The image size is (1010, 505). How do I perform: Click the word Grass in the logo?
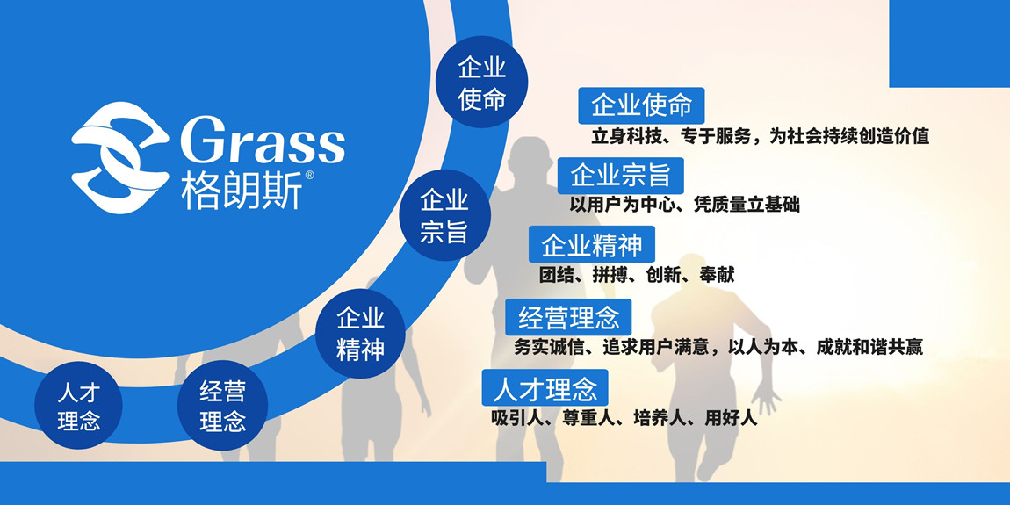(263, 140)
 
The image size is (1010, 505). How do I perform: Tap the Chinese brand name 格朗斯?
(241, 191)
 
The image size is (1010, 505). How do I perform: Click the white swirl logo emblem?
(120, 157)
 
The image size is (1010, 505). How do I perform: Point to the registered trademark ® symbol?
(309, 175)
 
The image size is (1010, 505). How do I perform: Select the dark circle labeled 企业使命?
(482, 82)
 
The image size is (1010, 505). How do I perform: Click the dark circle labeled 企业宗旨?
(444, 215)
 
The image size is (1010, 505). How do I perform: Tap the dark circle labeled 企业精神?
(360, 334)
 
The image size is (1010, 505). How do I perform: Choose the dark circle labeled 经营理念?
(223, 405)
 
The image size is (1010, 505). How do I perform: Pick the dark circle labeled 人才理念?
(78, 405)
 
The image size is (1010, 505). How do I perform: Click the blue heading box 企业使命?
(641, 105)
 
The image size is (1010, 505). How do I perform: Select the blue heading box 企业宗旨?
(621, 176)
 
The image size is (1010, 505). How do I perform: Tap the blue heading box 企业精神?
(592, 244)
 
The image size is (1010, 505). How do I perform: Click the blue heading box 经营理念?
(569, 317)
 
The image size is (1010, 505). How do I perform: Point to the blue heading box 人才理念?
(545, 387)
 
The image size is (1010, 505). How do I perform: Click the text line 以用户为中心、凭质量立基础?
(685, 205)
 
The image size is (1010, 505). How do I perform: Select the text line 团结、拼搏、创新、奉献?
(637, 274)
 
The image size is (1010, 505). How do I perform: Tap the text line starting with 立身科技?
(760, 136)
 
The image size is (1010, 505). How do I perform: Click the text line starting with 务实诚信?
(718, 347)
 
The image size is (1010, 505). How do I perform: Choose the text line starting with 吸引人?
(624, 418)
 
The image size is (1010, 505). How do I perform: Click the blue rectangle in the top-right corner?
(949, 44)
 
